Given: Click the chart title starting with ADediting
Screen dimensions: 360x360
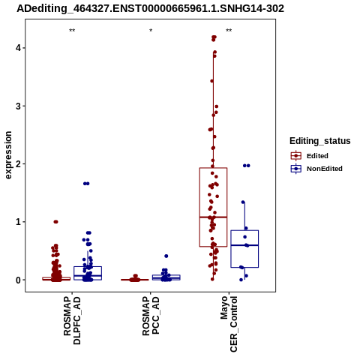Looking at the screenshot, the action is pyautogui.click(x=150, y=9).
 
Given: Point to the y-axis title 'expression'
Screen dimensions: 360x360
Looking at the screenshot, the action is pyautogui.click(x=8, y=155).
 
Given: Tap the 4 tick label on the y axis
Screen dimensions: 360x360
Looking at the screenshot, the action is pyautogui.click(x=18, y=48).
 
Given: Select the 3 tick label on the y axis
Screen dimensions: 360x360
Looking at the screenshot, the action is pyautogui.click(x=18, y=106).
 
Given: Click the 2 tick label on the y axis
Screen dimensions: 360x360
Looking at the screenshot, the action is pyautogui.click(x=18, y=163).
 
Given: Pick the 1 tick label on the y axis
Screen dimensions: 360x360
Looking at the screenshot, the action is pyautogui.click(x=18, y=222).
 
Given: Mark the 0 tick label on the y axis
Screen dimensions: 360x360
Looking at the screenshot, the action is pyautogui.click(x=18, y=280).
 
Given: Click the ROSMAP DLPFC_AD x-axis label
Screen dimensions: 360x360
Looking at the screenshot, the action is pyautogui.click(x=72, y=320).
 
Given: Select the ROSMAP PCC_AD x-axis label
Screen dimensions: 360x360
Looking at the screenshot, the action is pyautogui.click(x=151, y=316).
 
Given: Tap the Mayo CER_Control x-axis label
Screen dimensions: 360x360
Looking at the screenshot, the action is pyautogui.click(x=229, y=324).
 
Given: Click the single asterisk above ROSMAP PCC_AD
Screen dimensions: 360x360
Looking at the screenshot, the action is pyautogui.click(x=151, y=31).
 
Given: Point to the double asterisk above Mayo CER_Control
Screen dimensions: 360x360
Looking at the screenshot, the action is pyautogui.click(x=229, y=31).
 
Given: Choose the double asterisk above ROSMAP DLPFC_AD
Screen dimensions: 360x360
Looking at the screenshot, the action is pyautogui.click(x=72, y=31).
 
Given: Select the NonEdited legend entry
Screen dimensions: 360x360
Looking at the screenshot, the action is pyautogui.click(x=316, y=169).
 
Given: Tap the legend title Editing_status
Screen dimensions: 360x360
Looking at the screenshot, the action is pyautogui.click(x=320, y=141).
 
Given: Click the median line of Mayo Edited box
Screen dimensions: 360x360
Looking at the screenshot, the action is pyautogui.click(x=213, y=217).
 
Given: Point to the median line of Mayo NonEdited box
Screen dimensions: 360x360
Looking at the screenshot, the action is pyautogui.click(x=244, y=245).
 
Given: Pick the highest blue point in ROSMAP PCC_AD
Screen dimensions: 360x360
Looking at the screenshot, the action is pyautogui.click(x=166, y=256).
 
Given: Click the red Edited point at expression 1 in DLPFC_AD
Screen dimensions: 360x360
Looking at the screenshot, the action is pyautogui.click(x=55, y=222).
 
